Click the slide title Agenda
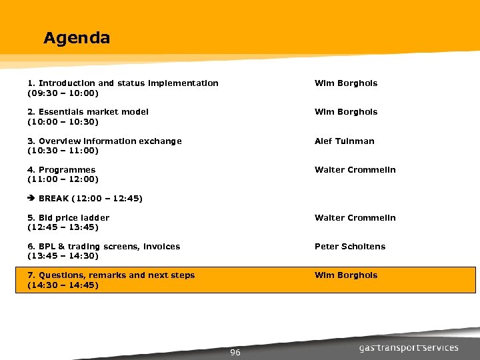click(x=77, y=38)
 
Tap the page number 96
click(x=235, y=352)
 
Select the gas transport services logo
click(x=409, y=347)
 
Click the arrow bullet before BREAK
click(x=31, y=199)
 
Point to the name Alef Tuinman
click(x=344, y=141)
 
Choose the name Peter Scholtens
click(x=349, y=247)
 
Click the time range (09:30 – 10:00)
click(x=63, y=93)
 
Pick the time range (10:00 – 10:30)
click(x=63, y=121)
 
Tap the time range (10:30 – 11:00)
click(x=63, y=151)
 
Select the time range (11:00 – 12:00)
click(x=63, y=179)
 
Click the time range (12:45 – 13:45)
click(x=63, y=227)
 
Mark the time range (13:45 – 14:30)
click(x=63, y=256)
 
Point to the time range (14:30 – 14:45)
click(x=63, y=285)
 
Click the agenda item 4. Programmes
click(x=61, y=170)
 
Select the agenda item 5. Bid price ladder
click(x=68, y=218)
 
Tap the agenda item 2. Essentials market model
click(x=88, y=112)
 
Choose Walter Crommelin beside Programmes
click(x=355, y=170)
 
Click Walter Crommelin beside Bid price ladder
click(x=355, y=218)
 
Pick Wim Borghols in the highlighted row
click(x=345, y=275)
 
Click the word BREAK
click(x=53, y=199)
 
